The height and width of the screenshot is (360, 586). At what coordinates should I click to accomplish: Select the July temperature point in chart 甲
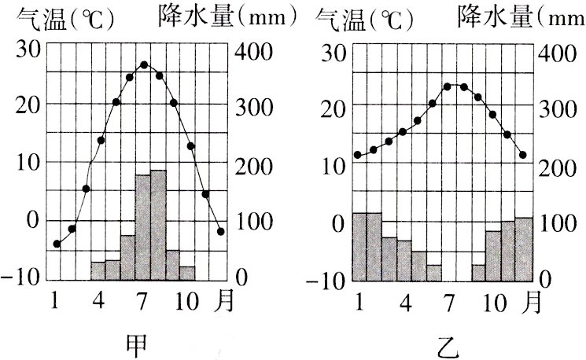144,64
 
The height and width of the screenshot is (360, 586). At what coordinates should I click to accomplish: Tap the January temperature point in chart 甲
57,244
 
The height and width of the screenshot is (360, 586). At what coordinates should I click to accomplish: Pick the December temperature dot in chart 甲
221,231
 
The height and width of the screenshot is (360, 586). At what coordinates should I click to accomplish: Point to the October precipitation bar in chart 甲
187,273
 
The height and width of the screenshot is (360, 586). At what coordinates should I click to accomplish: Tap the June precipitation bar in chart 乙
434,272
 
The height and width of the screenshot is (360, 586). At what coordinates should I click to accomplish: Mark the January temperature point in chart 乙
358,155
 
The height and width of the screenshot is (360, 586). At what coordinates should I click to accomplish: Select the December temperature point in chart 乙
522,155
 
